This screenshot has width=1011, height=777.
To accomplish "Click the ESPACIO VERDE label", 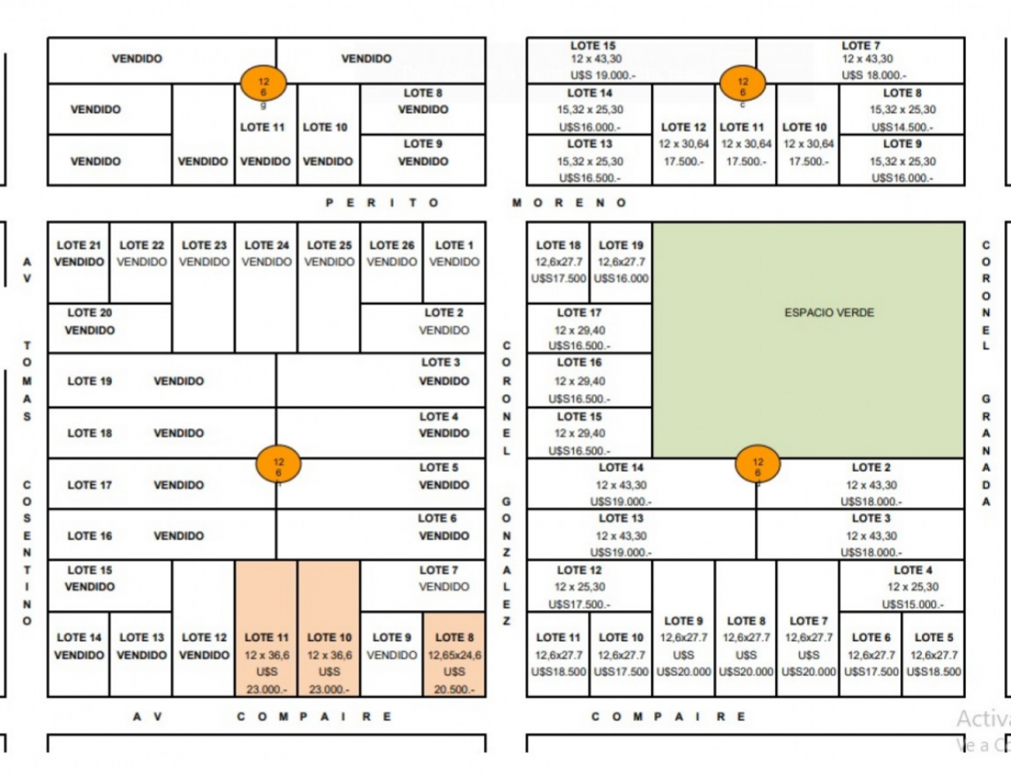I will tap(829, 312).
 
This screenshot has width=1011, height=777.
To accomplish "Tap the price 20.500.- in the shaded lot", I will tap(454, 689).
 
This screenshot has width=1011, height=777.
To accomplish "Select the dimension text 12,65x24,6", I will tap(454, 654).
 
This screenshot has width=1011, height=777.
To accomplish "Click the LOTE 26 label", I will tap(392, 245).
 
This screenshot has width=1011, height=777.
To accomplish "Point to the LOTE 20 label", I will tap(90, 312).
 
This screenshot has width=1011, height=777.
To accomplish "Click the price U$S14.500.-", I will tap(902, 128).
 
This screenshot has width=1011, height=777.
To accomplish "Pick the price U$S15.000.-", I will tap(913, 604).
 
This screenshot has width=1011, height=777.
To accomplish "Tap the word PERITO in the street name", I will tap(381, 203).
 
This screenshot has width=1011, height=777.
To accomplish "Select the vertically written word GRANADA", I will tap(986, 450).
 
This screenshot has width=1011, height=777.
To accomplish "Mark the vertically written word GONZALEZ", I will tap(506, 560).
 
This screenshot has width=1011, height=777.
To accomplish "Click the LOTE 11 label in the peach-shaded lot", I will tap(266, 637).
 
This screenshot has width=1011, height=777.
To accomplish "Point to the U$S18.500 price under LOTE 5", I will tap(933, 671).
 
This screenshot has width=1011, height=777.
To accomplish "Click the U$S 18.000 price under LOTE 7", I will tap(873, 75).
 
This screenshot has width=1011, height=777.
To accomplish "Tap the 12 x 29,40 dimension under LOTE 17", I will tap(580, 330).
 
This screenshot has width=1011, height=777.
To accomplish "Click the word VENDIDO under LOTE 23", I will tap(204, 262).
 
